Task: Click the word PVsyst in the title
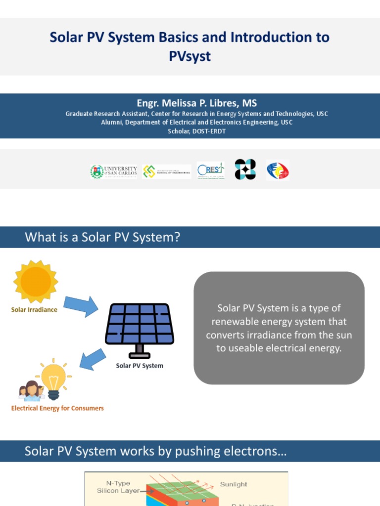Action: coord(190,56)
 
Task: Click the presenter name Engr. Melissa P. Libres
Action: coord(196,103)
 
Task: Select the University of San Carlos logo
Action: coord(113,171)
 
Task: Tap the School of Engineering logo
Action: coord(166,171)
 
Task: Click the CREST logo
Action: coord(210,170)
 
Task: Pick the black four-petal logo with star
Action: coord(245,169)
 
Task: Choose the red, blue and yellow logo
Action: coord(278,170)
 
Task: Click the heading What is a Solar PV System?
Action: coord(102,238)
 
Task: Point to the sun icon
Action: coord(35,281)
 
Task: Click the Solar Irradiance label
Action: coord(34,310)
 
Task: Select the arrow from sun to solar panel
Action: coord(81,306)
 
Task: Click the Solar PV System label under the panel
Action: coord(140,366)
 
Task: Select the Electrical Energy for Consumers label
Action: coord(57,409)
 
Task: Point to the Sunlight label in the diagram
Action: coord(234,484)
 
